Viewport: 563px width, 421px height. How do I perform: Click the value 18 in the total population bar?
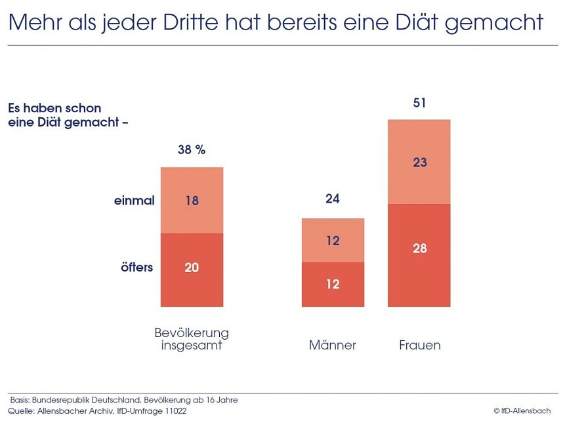tap(192, 201)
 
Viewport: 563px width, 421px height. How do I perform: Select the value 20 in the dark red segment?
tap(192, 268)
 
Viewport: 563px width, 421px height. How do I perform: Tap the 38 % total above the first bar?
tap(192, 150)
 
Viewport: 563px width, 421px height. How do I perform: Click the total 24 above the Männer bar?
tap(333, 199)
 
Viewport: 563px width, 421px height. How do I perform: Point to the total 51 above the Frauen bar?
tap(420, 103)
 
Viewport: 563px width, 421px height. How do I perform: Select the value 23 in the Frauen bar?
tap(420, 162)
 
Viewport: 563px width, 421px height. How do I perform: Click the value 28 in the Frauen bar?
tap(420, 249)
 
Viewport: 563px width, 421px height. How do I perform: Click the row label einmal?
tap(134, 201)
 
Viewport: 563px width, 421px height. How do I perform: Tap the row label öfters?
tap(136, 268)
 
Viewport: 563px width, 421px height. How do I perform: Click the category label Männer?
tap(333, 345)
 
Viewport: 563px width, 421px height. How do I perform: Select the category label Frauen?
tap(420, 345)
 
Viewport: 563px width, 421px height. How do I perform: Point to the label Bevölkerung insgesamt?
tap(192, 338)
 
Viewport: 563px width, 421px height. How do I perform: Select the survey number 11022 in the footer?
tap(173, 411)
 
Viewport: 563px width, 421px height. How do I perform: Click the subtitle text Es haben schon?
tap(54, 108)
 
